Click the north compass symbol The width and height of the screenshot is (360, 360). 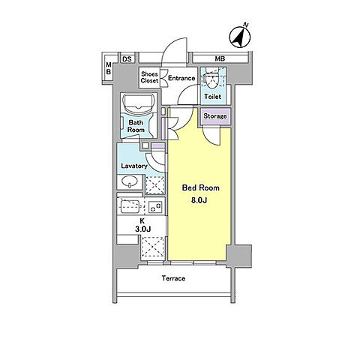(x=240, y=37)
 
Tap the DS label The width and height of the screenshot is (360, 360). (x=127, y=59)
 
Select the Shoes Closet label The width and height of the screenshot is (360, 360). (x=149, y=77)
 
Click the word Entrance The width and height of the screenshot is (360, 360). (x=181, y=78)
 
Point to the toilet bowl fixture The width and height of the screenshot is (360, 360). (x=213, y=79)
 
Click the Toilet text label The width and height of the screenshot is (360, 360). (x=213, y=96)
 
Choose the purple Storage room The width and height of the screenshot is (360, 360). (x=214, y=116)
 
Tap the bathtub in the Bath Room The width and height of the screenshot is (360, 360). (x=138, y=103)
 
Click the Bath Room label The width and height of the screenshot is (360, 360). (x=136, y=126)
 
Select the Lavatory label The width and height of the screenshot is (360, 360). (x=134, y=166)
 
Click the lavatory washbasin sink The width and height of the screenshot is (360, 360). (x=129, y=181)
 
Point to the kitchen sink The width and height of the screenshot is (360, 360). (x=130, y=207)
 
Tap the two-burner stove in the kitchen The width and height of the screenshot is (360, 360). (x=155, y=207)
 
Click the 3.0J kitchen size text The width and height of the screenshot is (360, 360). (x=142, y=229)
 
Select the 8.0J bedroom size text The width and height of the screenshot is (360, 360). (x=199, y=200)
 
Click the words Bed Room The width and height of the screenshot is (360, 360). (x=201, y=187)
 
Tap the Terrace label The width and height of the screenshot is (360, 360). (x=173, y=278)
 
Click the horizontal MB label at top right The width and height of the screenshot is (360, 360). (x=220, y=59)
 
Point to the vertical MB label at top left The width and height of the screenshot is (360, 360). (x=109, y=68)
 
